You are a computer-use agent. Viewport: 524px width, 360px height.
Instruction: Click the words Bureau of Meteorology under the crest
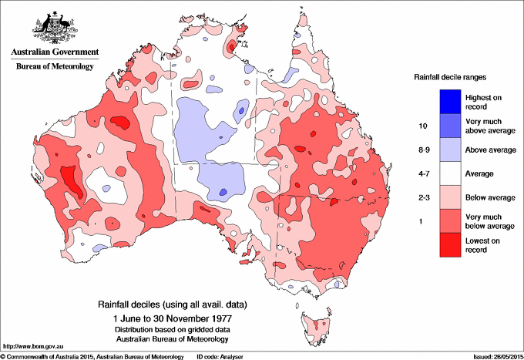pyautogui.click(x=54, y=66)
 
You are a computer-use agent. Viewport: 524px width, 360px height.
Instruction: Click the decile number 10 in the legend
pyautogui.click(x=422, y=125)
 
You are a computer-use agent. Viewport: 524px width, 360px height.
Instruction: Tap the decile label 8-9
pyautogui.click(x=422, y=150)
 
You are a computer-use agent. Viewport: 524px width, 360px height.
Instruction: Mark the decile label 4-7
pyautogui.click(x=422, y=174)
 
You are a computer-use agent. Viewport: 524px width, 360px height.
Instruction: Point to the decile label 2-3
pyautogui.click(x=422, y=198)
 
